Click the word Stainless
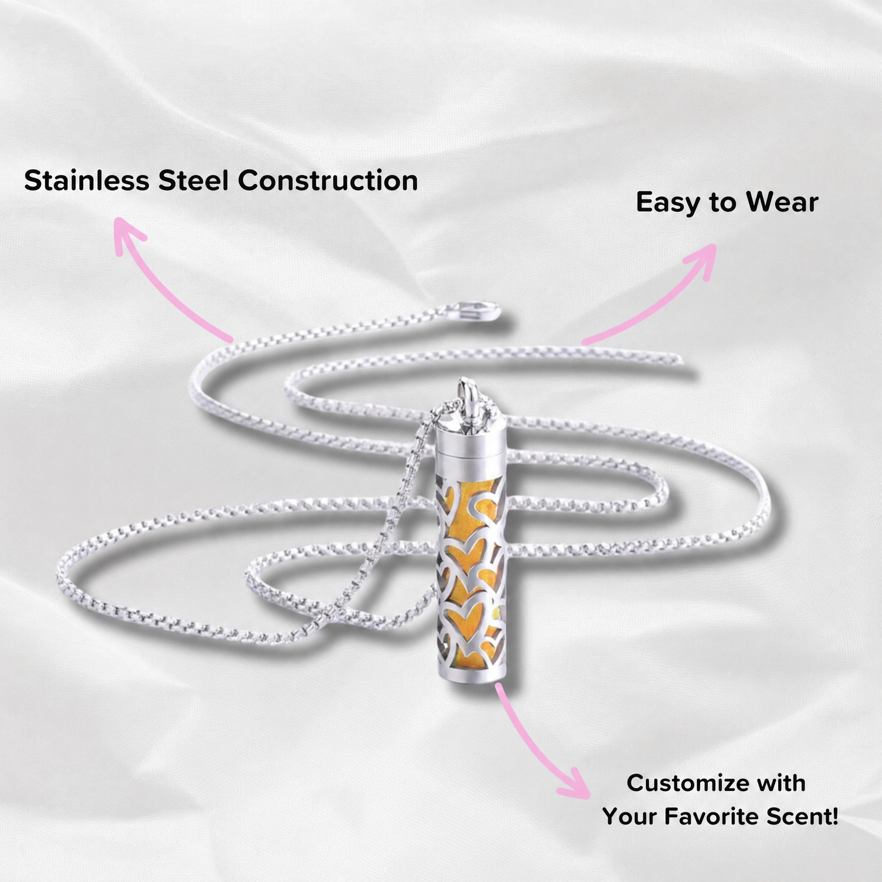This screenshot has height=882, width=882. (87, 180)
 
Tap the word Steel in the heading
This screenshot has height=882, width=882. (193, 180)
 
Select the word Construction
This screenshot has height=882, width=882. (328, 180)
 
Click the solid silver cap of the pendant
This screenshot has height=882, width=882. (471, 439)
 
